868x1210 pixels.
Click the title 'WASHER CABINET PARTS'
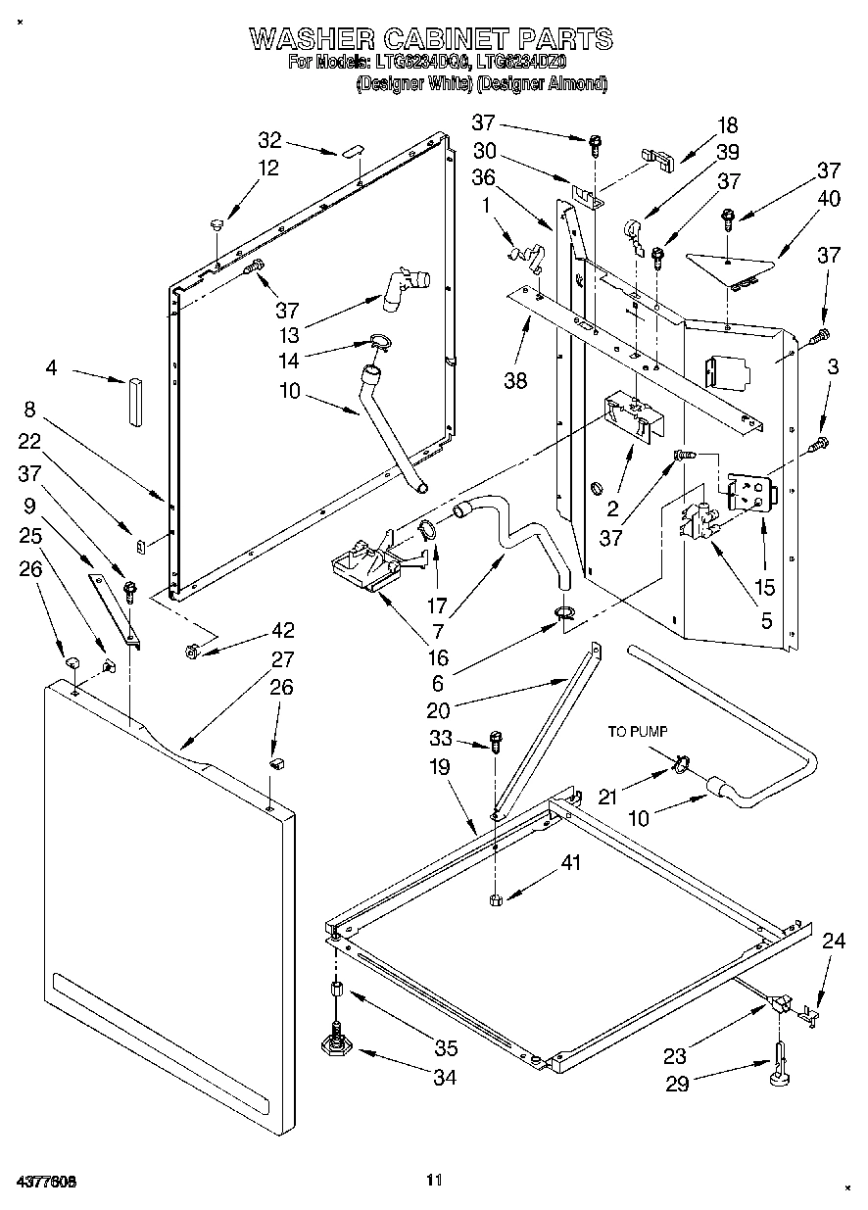[431, 39]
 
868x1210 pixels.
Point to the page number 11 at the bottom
[435, 1180]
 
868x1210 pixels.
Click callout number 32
[269, 139]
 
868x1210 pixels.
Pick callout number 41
[570, 863]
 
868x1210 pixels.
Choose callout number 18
[727, 125]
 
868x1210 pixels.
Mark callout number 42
[283, 630]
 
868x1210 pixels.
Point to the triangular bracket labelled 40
[729, 264]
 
